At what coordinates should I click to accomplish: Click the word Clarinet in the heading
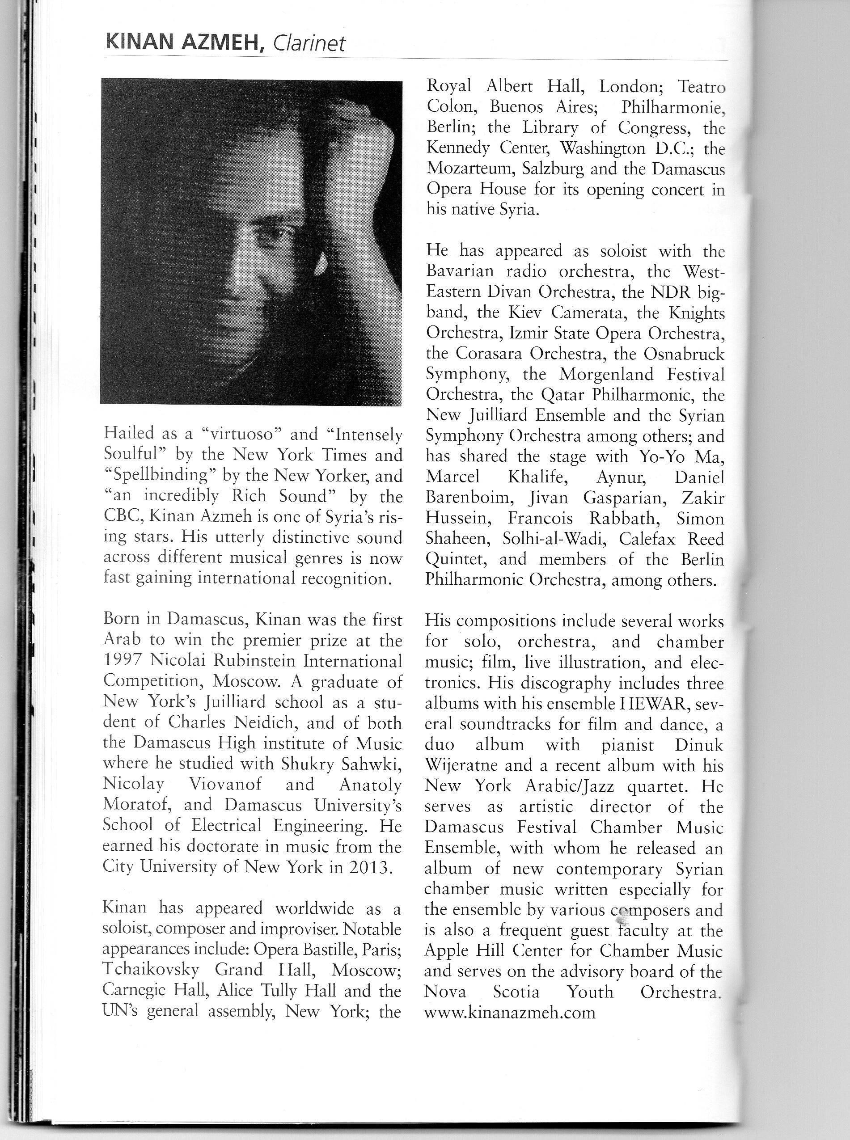click(x=309, y=43)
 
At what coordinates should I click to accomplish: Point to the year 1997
click(x=123, y=661)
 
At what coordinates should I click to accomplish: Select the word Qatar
click(x=562, y=395)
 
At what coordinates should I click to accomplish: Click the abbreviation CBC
click(x=122, y=516)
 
